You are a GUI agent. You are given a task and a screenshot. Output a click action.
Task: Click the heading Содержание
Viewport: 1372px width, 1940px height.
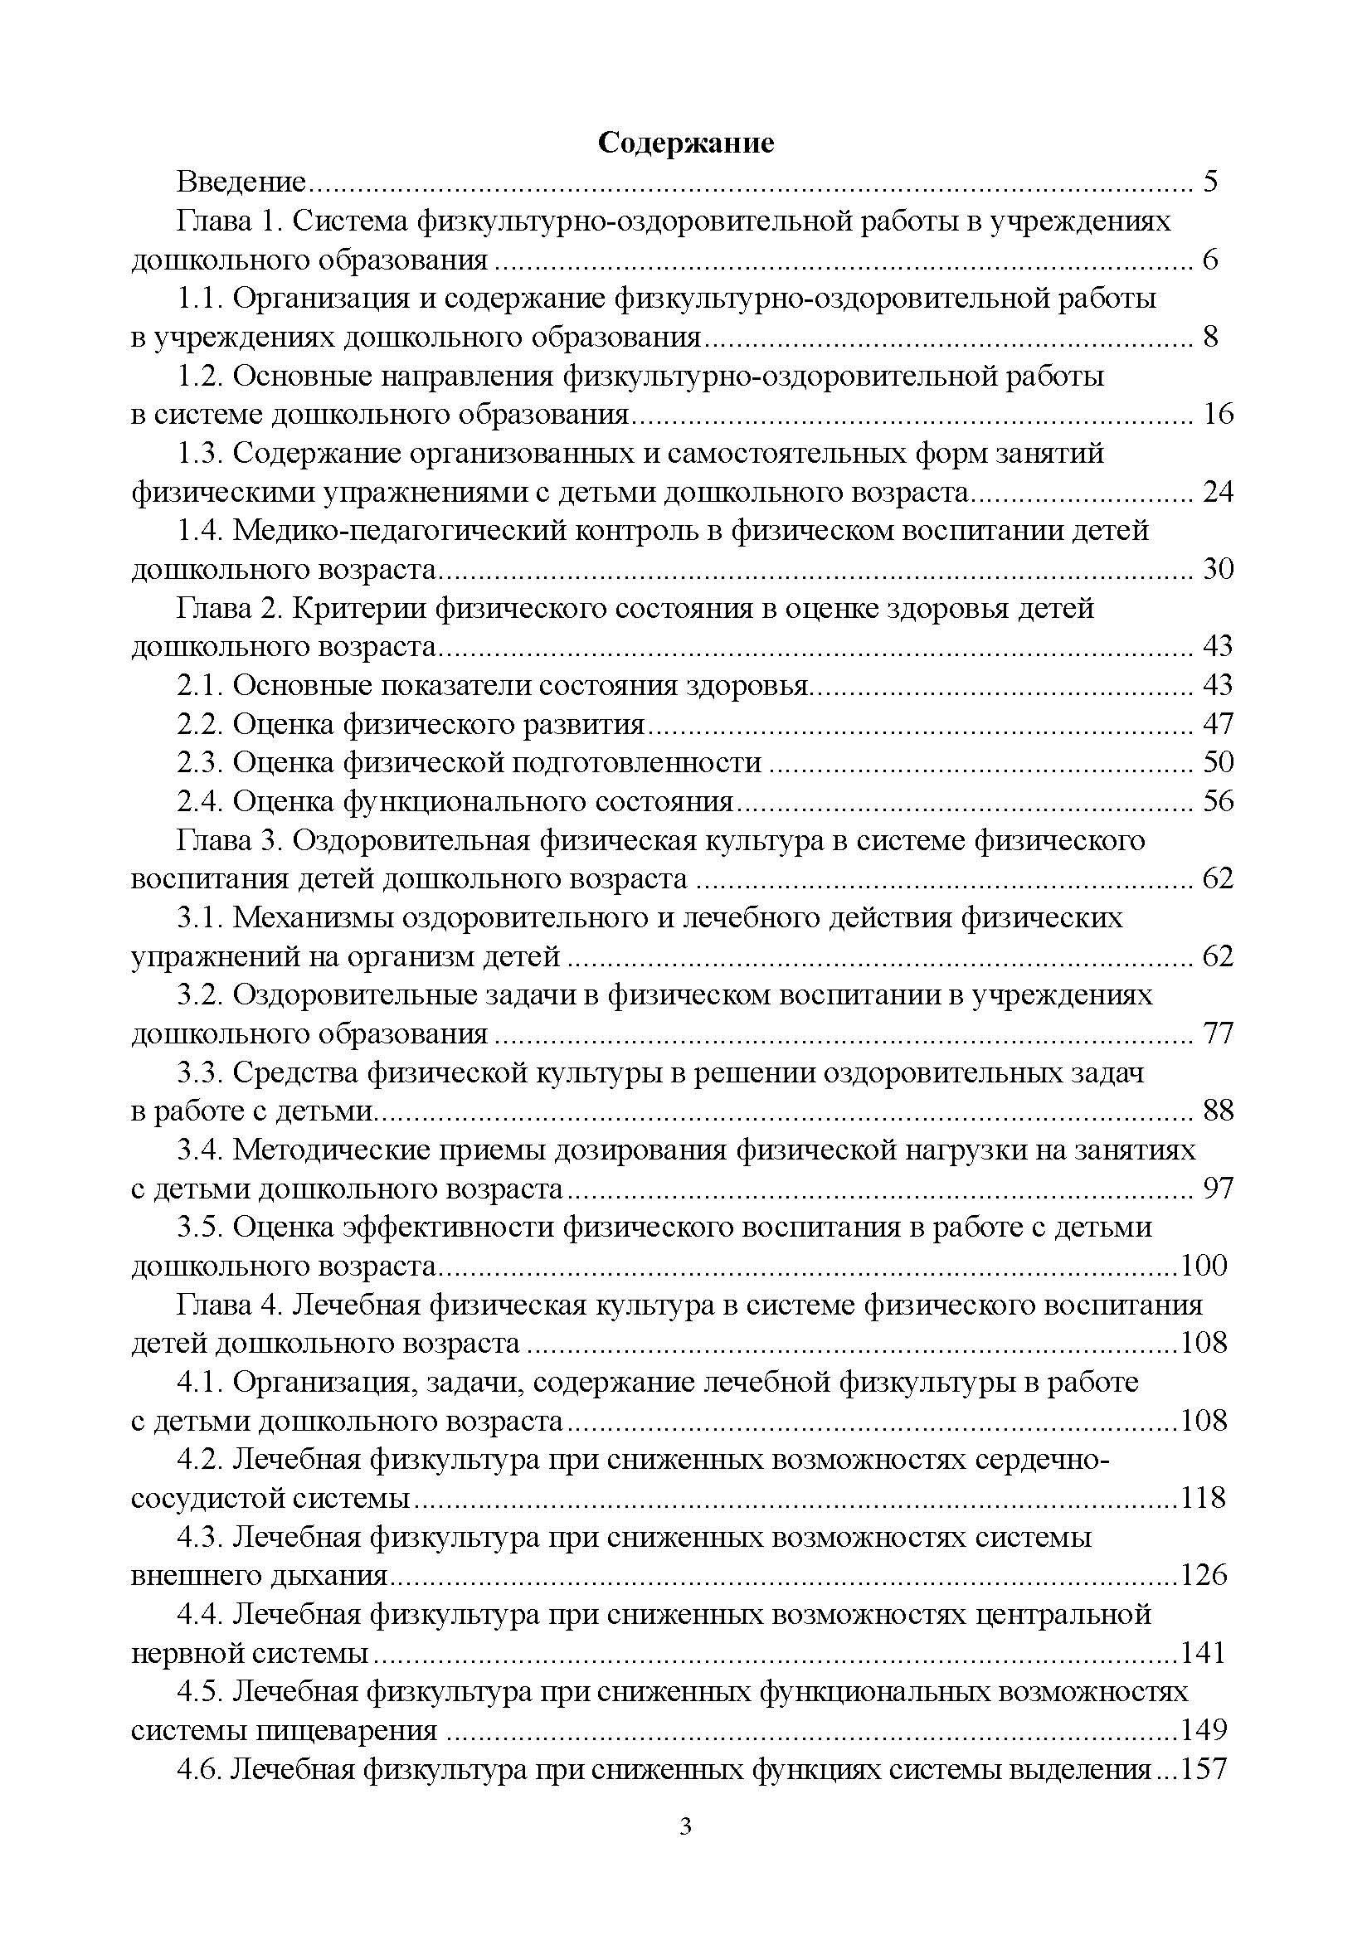685,143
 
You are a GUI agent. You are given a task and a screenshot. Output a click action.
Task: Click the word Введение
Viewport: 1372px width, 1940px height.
240,182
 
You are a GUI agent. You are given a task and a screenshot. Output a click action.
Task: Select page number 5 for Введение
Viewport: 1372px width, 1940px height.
1209,182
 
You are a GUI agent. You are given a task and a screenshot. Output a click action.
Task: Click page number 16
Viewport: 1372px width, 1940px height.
1218,414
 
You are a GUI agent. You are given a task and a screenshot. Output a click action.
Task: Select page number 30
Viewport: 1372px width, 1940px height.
1218,570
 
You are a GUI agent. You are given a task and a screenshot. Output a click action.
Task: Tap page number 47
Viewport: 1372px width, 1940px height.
1218,724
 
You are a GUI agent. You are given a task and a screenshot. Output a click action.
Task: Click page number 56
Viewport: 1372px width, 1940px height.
1218,801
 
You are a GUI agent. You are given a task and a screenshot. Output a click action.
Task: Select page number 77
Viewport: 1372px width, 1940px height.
1218,1033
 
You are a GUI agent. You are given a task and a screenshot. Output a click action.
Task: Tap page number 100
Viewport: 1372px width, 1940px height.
1203,1266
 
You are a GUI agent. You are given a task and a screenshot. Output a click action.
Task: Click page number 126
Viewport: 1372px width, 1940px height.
1203,1576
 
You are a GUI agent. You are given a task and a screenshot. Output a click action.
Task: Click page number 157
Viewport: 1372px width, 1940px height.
1203,1769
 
